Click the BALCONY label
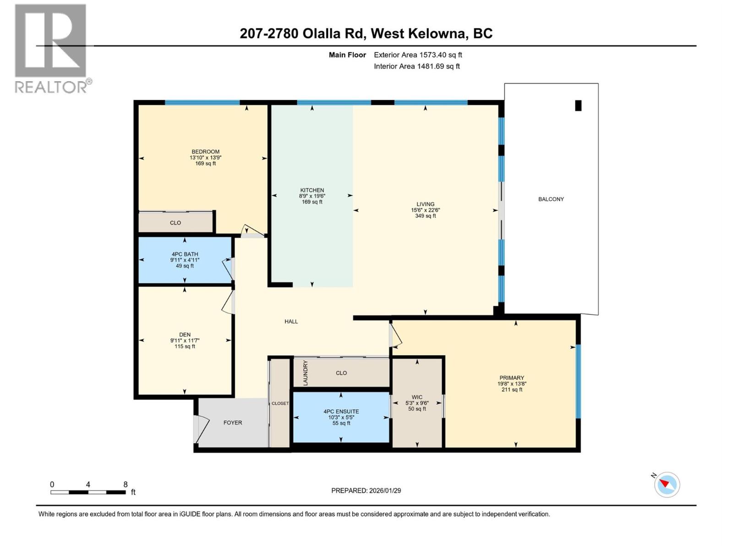click(551, 199)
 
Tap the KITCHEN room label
click(312, 190)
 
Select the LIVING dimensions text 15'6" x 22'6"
click(425, 210)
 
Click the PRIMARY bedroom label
click(512, 378)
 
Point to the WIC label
click(417, 397)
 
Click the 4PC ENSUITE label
click(341, 412)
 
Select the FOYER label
click(233, 423)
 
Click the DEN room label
click(185, 335)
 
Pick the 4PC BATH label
click(185, 254)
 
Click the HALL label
click(291, 321)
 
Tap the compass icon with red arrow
click(667, 484)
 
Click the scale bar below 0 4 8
click(88, 492)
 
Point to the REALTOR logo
click(51, 48)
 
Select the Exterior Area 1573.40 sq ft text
click(418, 55)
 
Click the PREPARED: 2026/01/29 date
click(366, 490)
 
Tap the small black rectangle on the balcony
click(578, 105)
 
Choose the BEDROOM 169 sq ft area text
click(205, 164)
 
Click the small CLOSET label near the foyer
click(280, 403)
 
